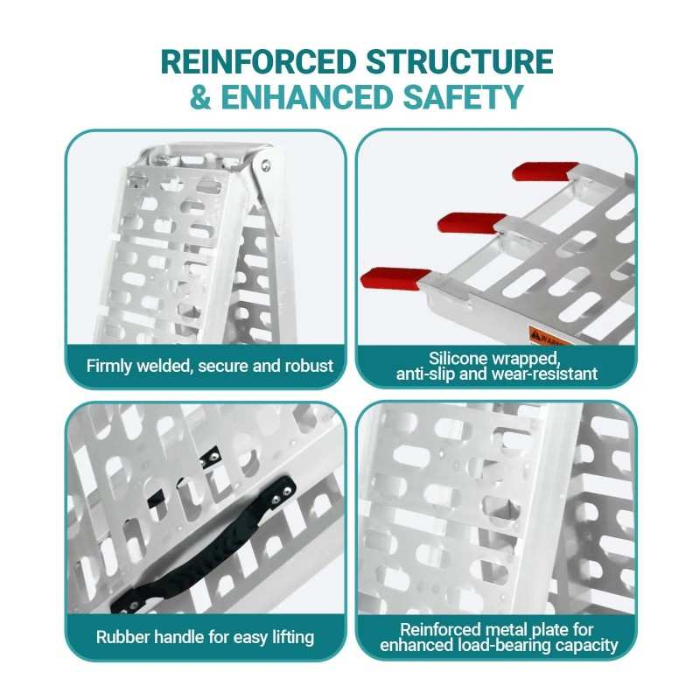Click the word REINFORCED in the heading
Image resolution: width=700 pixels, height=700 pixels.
[258, 61]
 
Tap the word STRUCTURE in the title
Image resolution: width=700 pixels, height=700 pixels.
[460, 61]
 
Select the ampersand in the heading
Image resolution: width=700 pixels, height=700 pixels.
[200, 97]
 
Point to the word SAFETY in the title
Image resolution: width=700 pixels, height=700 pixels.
[463, 97]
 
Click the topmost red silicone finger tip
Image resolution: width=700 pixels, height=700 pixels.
[544, 171]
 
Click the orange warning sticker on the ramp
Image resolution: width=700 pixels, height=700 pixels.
[547, 337]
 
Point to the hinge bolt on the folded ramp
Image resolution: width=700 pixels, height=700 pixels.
[266, 165]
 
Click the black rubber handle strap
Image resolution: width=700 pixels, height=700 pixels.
[203, 545]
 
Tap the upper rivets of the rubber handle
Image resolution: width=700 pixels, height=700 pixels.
[282, 493]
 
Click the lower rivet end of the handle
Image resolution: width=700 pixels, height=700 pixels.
[134, 605]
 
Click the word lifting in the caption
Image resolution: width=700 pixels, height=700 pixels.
[293, 638]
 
